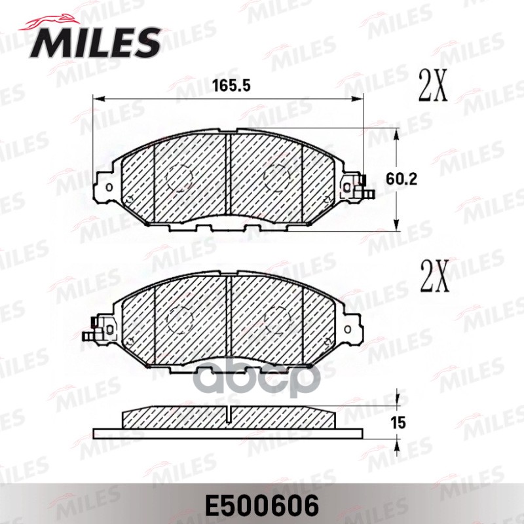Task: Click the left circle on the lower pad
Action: point(179,320)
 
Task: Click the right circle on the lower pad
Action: point(278,320)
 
